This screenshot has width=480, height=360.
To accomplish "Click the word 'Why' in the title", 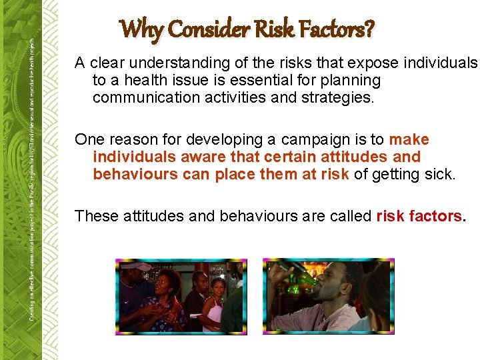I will coord(141,29).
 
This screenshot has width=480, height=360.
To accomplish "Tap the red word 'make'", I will coord(409,139).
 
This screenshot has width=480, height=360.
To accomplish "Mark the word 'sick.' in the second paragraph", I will coord(439,174).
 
